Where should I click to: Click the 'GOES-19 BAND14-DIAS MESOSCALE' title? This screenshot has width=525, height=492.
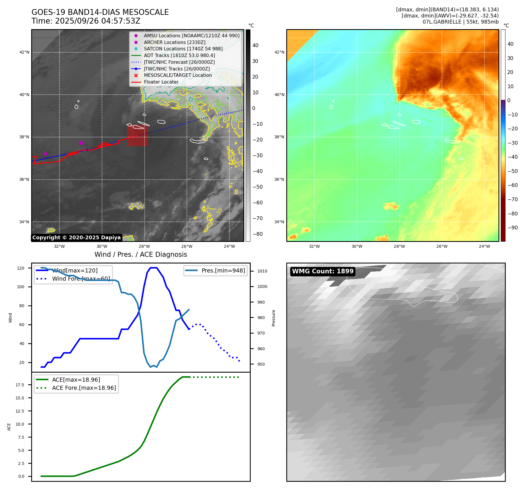(100, 12)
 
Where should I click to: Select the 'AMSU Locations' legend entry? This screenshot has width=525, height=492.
(191, 36)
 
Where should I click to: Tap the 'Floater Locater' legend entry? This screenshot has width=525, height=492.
(161, 82)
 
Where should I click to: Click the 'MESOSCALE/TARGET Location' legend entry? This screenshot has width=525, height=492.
(178, 75)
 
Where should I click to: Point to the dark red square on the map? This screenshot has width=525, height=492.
(137, 135)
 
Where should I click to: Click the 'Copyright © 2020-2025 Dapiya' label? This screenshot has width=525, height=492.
(76, 238)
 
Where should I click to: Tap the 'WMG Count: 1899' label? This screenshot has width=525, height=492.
(323, 271)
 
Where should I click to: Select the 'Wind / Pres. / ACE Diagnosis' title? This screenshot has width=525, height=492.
(141, 254)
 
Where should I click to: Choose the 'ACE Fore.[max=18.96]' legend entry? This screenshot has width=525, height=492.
(84, 388)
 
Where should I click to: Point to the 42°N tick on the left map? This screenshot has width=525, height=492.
(24, 52)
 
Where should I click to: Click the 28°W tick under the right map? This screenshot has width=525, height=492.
(399, 246)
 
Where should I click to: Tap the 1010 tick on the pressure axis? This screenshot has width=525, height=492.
(262, 271)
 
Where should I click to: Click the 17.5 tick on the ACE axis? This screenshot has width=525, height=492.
(20, 385)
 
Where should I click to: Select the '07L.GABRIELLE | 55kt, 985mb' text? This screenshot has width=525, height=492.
(461, 22)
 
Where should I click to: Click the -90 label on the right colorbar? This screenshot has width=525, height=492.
(512, 228)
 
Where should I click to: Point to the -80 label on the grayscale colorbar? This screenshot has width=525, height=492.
(257, 234)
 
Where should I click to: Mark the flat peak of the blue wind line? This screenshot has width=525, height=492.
(154, 268)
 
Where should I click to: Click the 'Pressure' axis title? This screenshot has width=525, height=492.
(273, 318)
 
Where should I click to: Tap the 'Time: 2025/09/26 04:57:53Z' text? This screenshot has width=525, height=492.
(86, 21)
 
